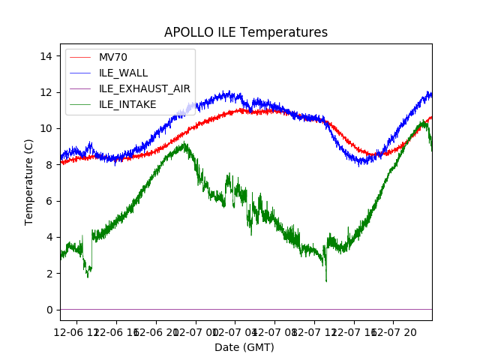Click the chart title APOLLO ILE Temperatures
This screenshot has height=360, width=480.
click(x=246, y=32)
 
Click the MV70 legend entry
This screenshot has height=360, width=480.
click(x=112, y=58)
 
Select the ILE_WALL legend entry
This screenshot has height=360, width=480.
click(x=123, y=73)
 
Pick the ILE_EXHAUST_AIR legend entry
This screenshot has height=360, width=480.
click(x=145, y=88)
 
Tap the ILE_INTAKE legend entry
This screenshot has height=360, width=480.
click(x=127, y=104)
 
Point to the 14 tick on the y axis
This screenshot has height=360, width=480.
click(x=46, y=56)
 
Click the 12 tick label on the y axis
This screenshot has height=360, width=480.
click(x=46, y=92)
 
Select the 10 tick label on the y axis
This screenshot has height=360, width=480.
click(x=46, y=128)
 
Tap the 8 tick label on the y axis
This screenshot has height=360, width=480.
click(x=49, y=165)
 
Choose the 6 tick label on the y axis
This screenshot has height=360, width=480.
click(x=49, y=201)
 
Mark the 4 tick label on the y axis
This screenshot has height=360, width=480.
click(x=49, y=237)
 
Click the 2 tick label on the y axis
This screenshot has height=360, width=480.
click(x=49, y=274)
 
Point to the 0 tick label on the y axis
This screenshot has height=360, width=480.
click(x=49, y=310)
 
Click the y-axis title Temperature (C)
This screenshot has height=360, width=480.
click(x=30, y=181)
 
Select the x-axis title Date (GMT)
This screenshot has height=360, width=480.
click(x=244, y=347)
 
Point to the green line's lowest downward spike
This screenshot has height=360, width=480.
click(x=326, y=280)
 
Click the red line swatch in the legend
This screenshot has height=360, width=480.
click(x=81, y=58)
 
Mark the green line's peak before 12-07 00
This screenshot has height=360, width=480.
click(x=184, y=143)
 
